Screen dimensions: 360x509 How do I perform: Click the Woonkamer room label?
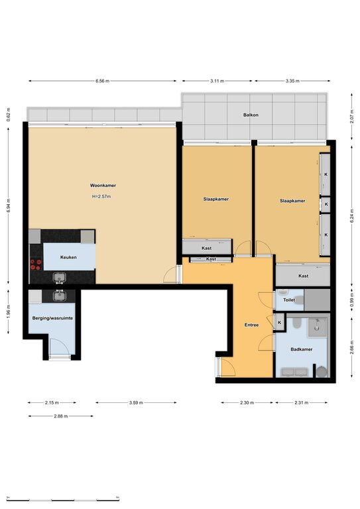click(x=103, y=186)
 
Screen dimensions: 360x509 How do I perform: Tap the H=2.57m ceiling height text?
click(x=101, y=196)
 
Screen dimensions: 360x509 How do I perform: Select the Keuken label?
click(x=68, y=257)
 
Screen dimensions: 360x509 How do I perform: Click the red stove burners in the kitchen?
click(x=36, y=264)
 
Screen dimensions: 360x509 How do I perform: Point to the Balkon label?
click(x=251, y=115)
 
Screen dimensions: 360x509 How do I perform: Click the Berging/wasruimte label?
click(x=52, y=318)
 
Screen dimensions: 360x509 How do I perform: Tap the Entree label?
click(x=251, y=325)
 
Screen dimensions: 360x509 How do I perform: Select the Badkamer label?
click(x=302, y=349)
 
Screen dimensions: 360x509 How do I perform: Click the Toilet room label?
click(x=289, y=300)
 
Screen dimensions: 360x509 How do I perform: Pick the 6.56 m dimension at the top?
click(x=103, y=81)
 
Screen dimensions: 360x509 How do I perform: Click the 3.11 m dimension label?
click(x=217, y=81)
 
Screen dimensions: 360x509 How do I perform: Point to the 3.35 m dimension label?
click(x=292, y=81)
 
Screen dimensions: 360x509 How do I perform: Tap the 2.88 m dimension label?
click(x=61, y=416)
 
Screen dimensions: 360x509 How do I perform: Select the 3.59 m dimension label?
click(x=136, y=402)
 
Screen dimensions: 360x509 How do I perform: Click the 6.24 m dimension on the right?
click(x=352, y=215)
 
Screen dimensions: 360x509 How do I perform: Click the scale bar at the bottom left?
click(x=63, y=498)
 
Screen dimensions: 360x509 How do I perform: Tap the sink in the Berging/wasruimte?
click(x=59, y=296)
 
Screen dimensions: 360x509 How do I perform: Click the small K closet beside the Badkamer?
click(x=280, y=323)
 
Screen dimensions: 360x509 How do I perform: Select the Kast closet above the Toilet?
click(x=303, y=275)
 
